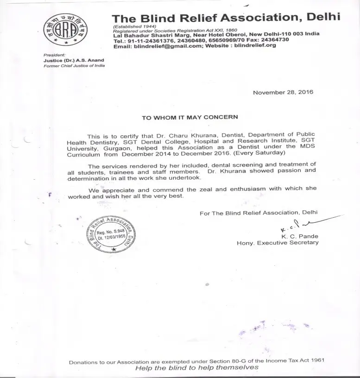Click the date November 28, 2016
(283, 92)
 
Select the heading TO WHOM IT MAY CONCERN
(190, 117)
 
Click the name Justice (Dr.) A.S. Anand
(74, 60)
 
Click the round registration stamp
(112, 235)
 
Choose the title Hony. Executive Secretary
(277, 243)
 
